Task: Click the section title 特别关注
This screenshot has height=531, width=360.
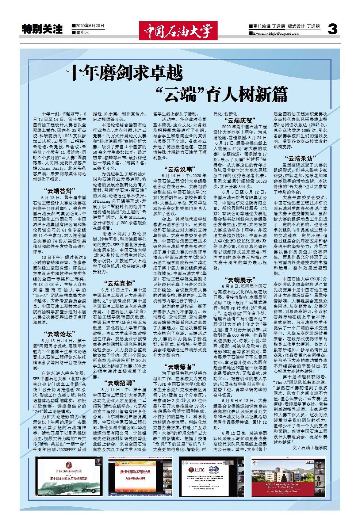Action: tap(43, 29)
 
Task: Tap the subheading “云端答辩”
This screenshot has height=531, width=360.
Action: tap(59, 190)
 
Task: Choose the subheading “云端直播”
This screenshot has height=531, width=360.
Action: tap(119, 282)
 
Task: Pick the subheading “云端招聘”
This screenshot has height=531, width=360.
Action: tap(119, 382)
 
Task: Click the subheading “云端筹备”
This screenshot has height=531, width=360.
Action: tap(179, 366)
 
